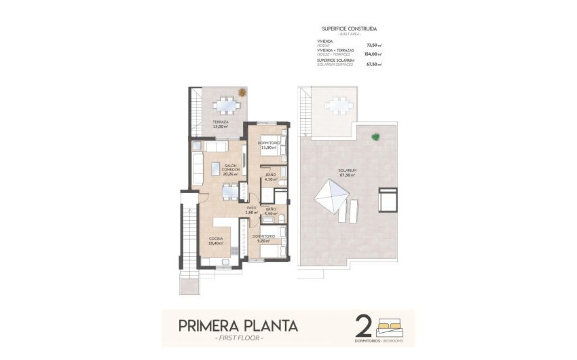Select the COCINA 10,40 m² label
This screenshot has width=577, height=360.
pyautogui.click(x=215, y=240)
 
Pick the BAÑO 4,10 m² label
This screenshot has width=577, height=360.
pyautogui.click(x=271, y=177)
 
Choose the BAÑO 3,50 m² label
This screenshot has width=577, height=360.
pyautogui.click(x=271, y=211)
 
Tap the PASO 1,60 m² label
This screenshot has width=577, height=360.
pyautogui.click(x=250, y=211)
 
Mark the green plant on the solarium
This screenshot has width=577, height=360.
pyautogui.click(x=375, y=137)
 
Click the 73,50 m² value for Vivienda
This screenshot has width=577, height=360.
pyautogui.click(x=374, y=46)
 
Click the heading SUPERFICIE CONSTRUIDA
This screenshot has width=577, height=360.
pyautogui.click(x=349, y=29)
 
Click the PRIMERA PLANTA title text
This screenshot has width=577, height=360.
pyautogui.click(x=238, y=325)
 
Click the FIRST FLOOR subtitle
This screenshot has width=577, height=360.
pyautogui.click(x=238, y=338)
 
